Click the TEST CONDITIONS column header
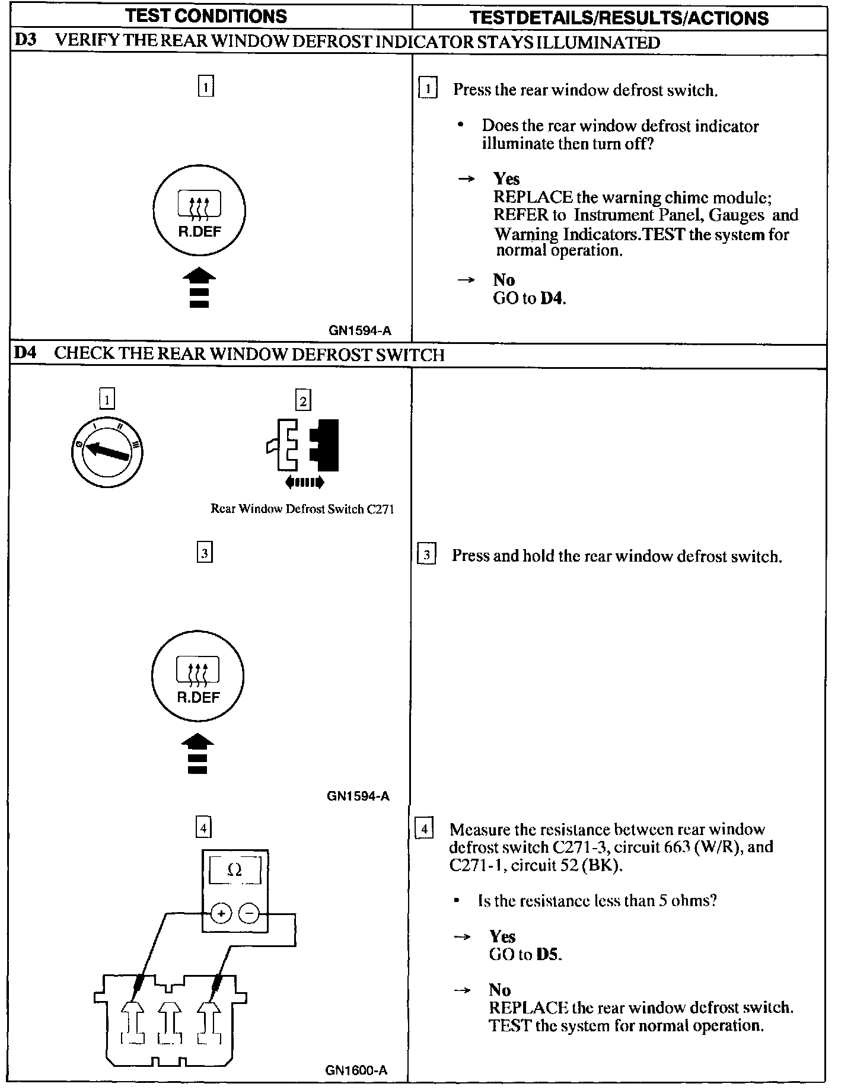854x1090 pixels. (x=206, y=16)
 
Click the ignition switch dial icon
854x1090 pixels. (x=107, y=453)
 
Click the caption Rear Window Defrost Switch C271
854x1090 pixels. (x=302, y=509)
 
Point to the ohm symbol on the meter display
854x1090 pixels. (x=235, y=870)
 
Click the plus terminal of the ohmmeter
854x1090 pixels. (x=221, y=914)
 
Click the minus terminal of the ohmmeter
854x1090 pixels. (x=248, y=914)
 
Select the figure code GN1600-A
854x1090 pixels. (x=356, y=1070)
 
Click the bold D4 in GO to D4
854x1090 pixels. (x=552, y=298)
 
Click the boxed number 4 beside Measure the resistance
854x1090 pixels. (x=424, y=828)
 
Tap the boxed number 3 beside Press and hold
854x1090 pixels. (x=426, y=556)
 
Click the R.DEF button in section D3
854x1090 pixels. (x=199, y=211)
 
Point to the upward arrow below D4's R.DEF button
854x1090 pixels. (x=197, y=754)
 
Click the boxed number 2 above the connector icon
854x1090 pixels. (x=303, y=401)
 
